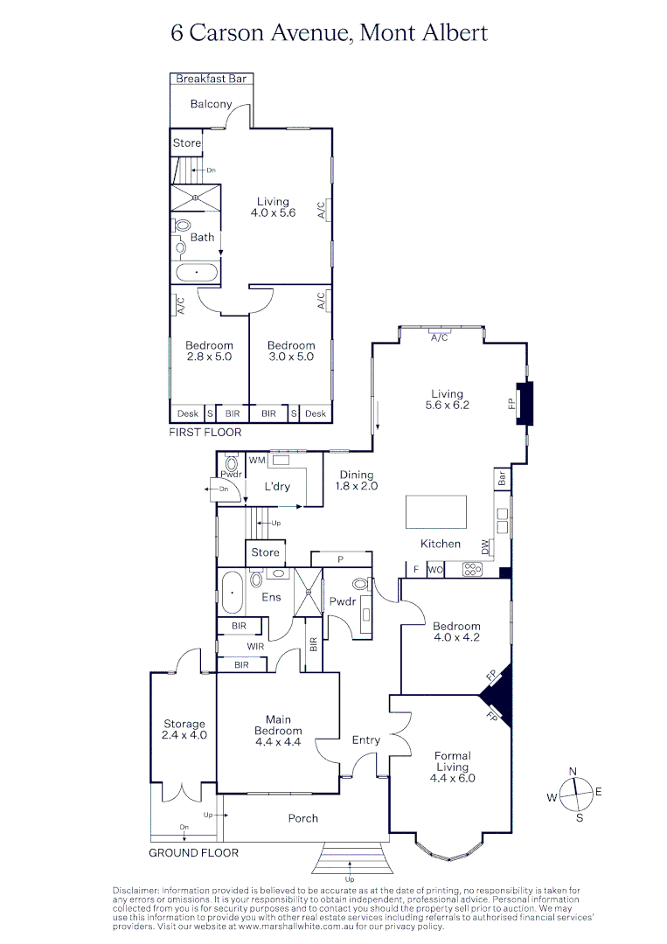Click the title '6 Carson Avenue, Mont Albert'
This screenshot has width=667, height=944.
pos(329,33)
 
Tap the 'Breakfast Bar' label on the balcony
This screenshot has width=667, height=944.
pos(212,79)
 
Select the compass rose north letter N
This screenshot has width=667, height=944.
pos(573,771)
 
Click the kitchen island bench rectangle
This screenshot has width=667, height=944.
pos(436,512)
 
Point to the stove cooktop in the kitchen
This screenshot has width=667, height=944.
pos(472,569)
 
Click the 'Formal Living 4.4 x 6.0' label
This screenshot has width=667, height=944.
pos(453,767)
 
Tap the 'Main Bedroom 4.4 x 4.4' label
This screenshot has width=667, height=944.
pos(278,731)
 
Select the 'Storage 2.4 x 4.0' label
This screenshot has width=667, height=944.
pos(184,729)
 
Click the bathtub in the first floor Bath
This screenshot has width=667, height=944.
pos(197,273)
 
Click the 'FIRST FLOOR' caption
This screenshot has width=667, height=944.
pos(206,432)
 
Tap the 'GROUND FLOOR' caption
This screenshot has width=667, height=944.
pos(193,852)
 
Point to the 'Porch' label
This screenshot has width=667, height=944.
pos(303,819)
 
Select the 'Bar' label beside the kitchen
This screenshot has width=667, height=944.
pos(502,478)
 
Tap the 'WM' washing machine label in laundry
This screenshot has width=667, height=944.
pos(257,460)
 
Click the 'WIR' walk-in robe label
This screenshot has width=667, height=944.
pos(255,647)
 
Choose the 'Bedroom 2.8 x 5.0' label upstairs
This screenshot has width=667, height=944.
pos(209,351)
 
